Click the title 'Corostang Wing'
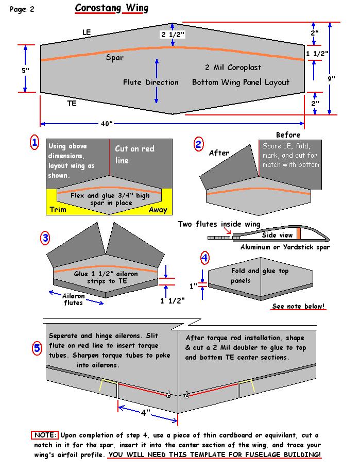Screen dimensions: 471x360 point(111,8)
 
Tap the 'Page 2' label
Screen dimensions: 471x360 point(22,9)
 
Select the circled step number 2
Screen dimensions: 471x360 point(198,144)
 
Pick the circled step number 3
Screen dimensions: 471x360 point(45,238)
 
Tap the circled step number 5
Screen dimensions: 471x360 point(37,349)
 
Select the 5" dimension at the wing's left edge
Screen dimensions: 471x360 point(26,70)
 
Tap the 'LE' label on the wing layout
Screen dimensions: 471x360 point(87,32)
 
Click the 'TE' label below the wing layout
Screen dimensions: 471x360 point(72,104)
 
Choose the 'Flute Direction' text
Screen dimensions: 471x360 point(150,82)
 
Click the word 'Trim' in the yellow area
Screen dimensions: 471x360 point(58,210)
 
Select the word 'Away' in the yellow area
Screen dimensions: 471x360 point(158,210)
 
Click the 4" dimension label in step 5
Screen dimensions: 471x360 point(145,412)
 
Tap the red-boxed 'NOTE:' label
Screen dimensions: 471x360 point(45,435)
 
